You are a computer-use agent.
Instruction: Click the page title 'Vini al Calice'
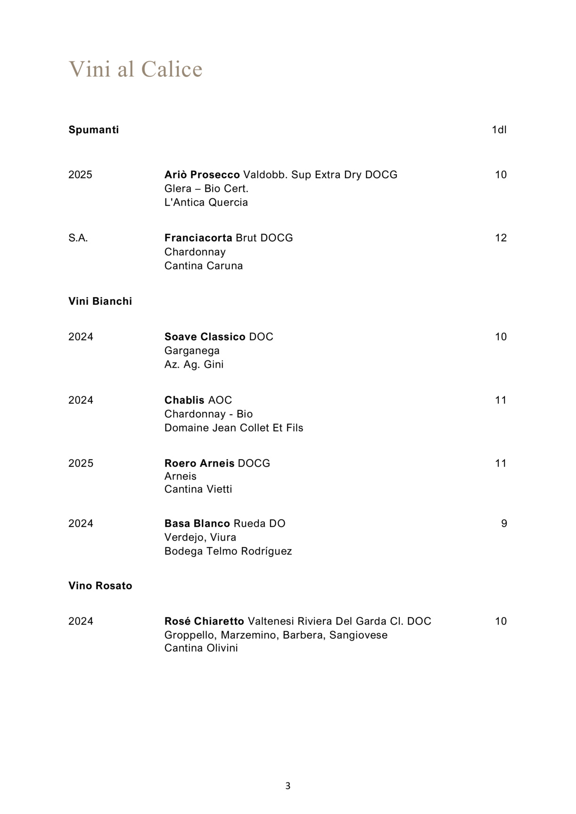[136, 69]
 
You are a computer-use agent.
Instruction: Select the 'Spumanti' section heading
[93, 130]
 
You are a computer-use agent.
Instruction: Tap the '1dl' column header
[499, 130]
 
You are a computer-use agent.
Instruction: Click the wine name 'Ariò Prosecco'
[202, 175]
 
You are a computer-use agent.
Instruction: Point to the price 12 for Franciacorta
[501, 238]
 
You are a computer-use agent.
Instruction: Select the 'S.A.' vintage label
[78, 238]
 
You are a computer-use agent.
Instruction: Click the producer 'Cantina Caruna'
[204, 266]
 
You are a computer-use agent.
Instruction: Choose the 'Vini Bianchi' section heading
[100, 301]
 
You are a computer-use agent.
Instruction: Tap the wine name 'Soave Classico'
[205, 337]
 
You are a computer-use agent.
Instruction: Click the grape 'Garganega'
[192, 350]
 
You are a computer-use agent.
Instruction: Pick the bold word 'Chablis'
[184, 400]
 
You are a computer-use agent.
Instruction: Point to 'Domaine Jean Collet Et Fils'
[234, 428]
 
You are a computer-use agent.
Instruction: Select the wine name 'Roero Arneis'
[199, 464]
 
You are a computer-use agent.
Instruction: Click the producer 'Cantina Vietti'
[198, 489]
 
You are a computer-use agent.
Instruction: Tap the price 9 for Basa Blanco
[504, 524]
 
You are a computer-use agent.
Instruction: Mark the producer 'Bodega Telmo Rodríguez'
[228, 551]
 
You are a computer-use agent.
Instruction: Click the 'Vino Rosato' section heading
[100, 586]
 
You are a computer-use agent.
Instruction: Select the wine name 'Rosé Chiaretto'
[204, 621]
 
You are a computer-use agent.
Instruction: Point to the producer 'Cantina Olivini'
[201, 648]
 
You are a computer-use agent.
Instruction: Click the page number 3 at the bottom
[288, 786]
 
